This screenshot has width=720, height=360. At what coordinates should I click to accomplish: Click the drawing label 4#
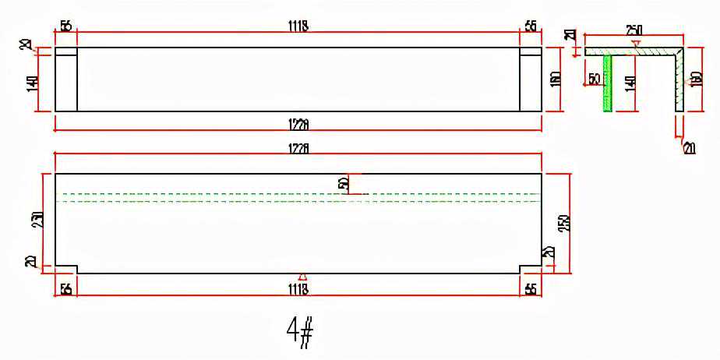(x=300, y=333)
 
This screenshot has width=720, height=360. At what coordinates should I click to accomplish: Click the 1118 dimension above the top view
(x=298, y=26)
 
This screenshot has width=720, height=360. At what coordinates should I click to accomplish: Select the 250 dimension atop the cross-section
(x=634, y=30)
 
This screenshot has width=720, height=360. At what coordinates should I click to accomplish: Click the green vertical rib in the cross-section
(x=608, y=84)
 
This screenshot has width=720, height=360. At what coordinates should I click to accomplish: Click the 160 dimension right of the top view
(x=554, y=79)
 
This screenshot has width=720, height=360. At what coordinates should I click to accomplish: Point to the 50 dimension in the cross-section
(x=595, y=79)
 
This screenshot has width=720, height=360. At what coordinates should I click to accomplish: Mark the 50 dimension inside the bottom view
(x=343, y=184)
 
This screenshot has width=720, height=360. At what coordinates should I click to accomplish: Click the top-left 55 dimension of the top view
(x=65, y=26)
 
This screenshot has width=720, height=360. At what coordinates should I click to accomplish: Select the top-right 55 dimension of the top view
(x=531, y=26)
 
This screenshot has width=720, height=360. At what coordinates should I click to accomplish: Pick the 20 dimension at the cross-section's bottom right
(x=689, y=148)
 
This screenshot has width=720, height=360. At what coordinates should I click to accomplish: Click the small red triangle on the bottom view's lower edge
(x=303, y=276)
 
